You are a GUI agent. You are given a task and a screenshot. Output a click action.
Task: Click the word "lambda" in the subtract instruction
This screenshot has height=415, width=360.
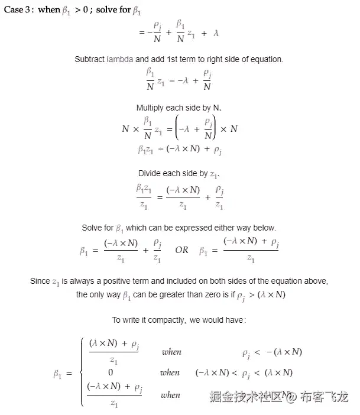tap(120, 59)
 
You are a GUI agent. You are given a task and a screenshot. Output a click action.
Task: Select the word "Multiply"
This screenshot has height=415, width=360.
tap(151, 108)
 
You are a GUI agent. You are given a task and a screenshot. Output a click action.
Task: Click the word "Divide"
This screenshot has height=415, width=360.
tap(151, 174)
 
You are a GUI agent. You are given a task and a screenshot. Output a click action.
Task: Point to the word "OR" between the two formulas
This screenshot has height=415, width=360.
tap(181, 249)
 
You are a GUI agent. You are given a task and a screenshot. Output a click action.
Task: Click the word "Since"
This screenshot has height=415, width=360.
tap(40, 281)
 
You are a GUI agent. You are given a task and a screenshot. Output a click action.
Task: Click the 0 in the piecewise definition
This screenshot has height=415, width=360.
tap(111, 372)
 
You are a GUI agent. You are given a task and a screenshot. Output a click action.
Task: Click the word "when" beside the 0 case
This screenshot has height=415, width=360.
tap(170, 372)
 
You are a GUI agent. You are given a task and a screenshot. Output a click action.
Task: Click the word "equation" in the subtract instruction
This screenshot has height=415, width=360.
tap(268, 59)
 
